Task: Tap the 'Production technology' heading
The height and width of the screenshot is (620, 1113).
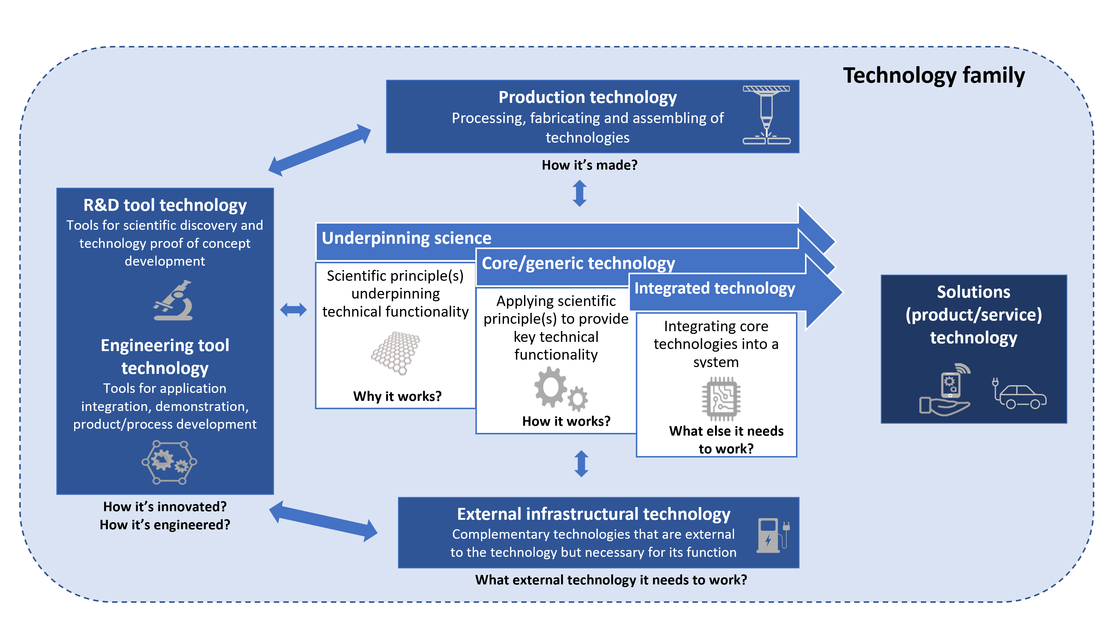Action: pyautogui.click(x=587, y=97)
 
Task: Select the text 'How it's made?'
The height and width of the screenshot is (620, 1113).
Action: pyautogui.click(x=589, y=165)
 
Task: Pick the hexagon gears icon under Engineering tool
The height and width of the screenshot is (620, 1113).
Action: pyautogui.click(x=169, y=462)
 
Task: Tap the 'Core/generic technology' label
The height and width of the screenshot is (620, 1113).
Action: pyautogui.click(x=578, y=263)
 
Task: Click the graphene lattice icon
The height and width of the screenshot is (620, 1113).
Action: pyautogui.click(x=395, y=353)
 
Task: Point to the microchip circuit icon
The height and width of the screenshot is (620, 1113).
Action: pyautogui.click(x=721, y=398)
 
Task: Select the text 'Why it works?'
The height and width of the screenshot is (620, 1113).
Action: pyautogui.click(x=397, y=396)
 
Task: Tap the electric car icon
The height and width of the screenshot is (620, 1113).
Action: pyautogui.click(x=1019, y=394)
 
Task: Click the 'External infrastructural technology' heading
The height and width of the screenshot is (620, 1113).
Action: pyautogui.click(x=593, y=514)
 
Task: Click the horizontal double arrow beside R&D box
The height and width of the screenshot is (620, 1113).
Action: pyautogui.click(x=293, y=310)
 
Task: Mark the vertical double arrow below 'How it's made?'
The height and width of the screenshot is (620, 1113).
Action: pyautogui.click(x=579, y=193)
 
